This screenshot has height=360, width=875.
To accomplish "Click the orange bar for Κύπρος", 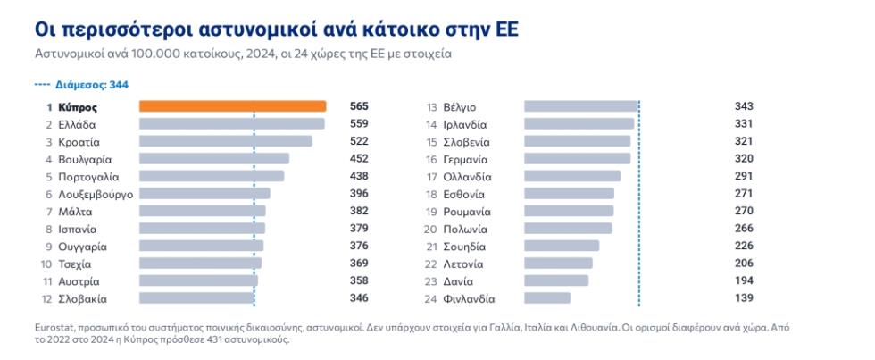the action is click(232, 106).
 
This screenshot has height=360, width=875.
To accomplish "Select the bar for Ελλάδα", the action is click(231, 124).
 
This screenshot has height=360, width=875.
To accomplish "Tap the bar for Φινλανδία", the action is click(547, 298).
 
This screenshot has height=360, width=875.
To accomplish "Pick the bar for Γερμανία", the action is click(578, 158).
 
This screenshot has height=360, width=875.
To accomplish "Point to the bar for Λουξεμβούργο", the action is click(204, 193).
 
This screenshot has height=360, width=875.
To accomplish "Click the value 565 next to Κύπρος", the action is click(359, 106).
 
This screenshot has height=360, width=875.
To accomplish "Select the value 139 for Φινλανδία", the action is click(744, 298).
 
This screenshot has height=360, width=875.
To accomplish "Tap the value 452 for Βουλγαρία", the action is click(359, 158).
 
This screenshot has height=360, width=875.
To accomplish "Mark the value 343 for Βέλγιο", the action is click(744, 106).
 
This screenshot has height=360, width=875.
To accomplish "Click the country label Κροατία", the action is click(79, 142).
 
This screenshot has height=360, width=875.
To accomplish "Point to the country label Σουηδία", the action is click(464, 247).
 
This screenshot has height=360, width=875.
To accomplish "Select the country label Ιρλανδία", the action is click(465, 125).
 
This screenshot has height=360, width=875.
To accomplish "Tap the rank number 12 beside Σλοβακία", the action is click(46, 299).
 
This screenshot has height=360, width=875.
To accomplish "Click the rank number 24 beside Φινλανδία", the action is click(430, 299).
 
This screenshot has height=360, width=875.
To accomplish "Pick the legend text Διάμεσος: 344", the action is click(92, 85).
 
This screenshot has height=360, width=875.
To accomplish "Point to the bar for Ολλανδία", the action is click(572, 176).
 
